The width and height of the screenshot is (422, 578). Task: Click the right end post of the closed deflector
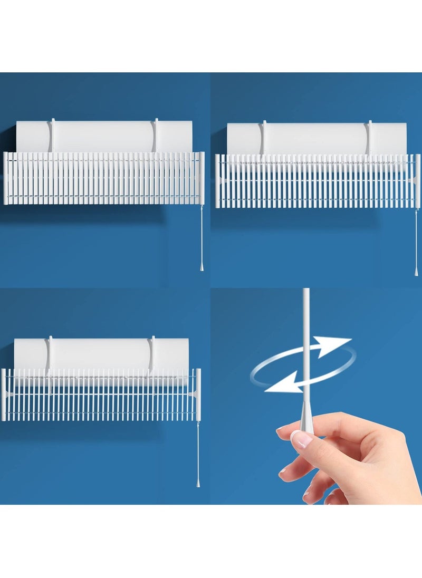tap(202, 178)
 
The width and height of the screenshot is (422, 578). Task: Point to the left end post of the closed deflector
tap(6, 178)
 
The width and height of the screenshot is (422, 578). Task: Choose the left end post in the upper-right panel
tap(217, 180)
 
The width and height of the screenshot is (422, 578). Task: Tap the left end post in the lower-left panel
tap(4, 394)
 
